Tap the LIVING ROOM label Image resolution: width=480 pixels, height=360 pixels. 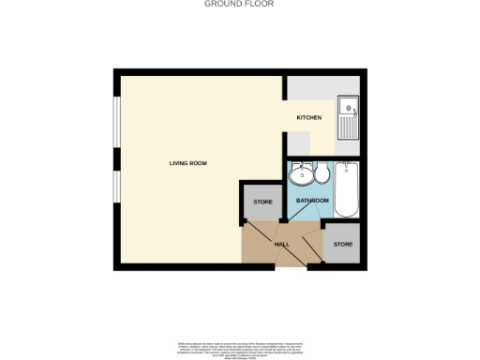coord(187,163)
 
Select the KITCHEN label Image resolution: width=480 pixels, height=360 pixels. coord(309,117)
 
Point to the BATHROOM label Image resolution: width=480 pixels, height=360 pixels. coord(312,201)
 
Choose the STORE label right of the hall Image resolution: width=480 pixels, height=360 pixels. coord(344,245)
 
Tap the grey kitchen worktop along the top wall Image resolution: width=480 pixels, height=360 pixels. coord(309,89)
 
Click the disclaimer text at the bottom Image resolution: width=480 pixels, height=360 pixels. coord(239,343)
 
